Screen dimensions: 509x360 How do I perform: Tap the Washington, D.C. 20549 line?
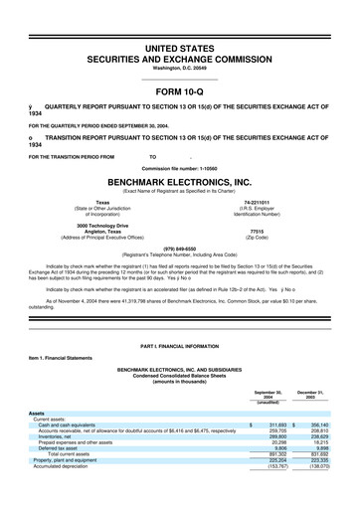tap(180, 56)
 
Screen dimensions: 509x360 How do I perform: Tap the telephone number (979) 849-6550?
tap(180, 250)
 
